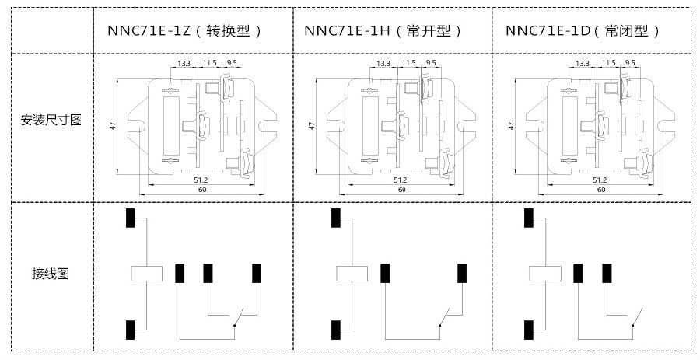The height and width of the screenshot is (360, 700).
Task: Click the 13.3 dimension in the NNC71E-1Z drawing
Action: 184,62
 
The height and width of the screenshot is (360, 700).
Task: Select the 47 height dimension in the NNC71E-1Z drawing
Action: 114,124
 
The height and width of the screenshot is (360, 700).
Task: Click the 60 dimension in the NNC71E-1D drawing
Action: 600,190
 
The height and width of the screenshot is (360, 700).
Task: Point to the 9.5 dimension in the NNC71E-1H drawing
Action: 431,62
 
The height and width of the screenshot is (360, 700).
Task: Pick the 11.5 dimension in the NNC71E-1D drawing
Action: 608,62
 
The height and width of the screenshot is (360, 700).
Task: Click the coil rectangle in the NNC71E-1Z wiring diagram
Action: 145,273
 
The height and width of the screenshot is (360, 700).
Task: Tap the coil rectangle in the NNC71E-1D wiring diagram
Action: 544,273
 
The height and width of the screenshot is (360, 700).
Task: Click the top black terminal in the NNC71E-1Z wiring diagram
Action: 131,218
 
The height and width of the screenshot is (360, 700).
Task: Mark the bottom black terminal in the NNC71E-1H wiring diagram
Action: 335,330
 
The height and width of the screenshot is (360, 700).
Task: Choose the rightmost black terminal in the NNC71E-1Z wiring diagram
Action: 257,273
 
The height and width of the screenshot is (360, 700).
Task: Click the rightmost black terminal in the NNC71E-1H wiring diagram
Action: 462,273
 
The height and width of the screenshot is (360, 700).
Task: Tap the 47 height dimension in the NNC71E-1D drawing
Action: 512,124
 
